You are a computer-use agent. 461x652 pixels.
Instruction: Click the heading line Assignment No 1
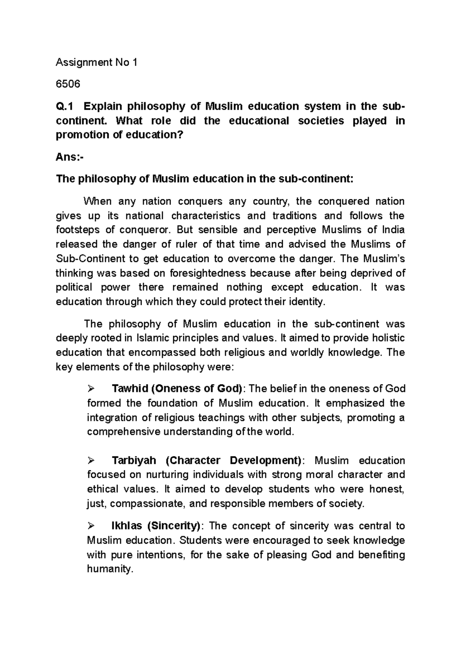pyautogui.click(x=96, y=63)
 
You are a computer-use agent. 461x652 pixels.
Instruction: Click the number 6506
pyautogui.click(x=68, y=84)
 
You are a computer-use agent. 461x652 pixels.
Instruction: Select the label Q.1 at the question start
pyautogui.click(x=66, y=106)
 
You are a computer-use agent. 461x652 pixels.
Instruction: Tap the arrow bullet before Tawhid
pyautogui.click(x=91, y=389)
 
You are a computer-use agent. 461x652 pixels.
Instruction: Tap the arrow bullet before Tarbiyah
pyautogui.click(x=91, y=460)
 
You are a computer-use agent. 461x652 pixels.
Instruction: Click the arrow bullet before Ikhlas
pyautogui.click(x=91, y=526)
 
